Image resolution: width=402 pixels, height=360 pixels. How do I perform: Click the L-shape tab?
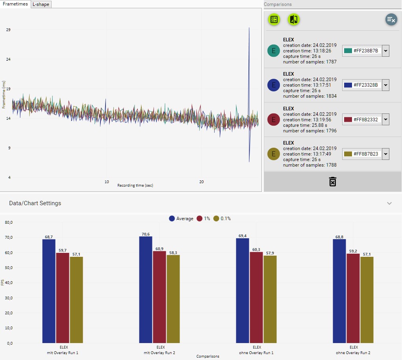pos(41,4)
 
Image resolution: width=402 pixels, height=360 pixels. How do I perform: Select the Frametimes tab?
pos(15,4)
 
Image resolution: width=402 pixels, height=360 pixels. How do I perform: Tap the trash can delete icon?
pos(333,182)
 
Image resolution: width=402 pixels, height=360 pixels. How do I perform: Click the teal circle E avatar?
pos(274,50)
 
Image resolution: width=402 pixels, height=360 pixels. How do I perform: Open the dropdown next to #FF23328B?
pos(385,85)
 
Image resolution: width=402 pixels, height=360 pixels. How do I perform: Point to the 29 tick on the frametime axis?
pos(8,30)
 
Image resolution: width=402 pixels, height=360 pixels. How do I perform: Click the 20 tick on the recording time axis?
pos(201,182)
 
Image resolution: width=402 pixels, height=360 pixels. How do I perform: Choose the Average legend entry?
pos(181,219)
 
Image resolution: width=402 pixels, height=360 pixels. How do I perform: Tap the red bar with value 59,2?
pos(353,298)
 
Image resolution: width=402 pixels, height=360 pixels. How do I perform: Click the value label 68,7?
pos(49,237)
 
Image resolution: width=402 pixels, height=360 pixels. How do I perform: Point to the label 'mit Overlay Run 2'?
pos(160,353)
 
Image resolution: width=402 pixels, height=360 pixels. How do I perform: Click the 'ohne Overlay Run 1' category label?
pos(257,353)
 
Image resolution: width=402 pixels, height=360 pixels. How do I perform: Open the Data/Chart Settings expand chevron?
pos(389,203)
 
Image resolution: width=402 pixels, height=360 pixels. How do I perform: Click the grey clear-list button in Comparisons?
pos(391,19)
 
